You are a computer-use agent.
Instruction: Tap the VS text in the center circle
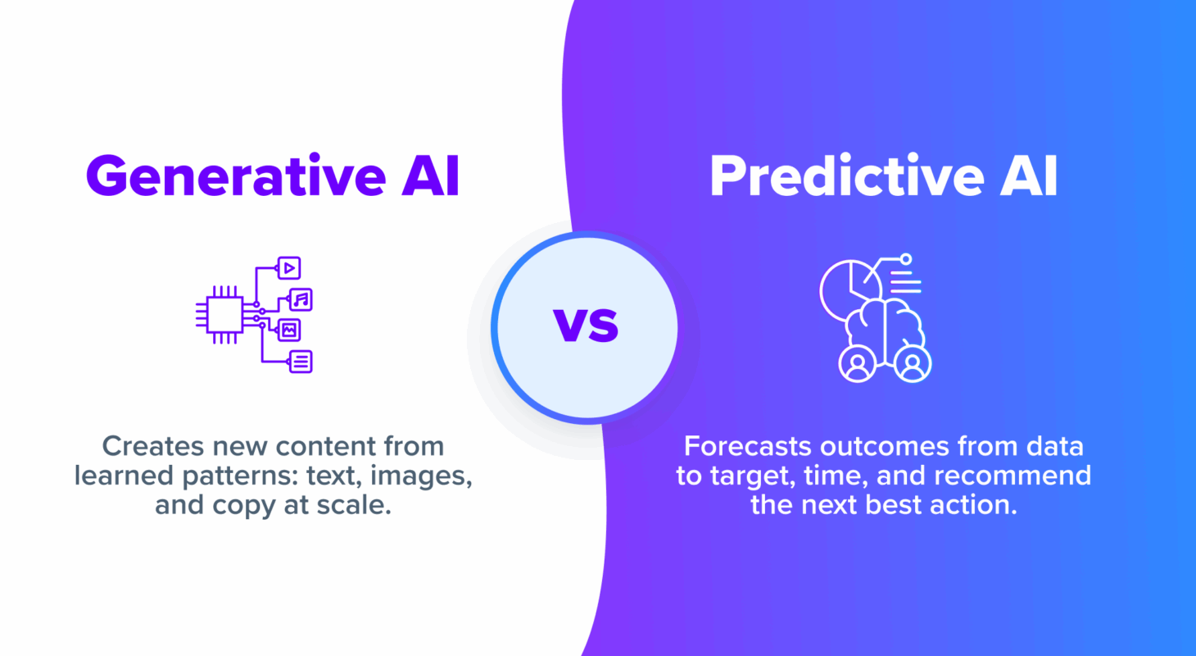tap(586, 326)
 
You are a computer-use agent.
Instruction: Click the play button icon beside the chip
tap(288, 267)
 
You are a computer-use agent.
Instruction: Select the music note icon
tap(301, 299)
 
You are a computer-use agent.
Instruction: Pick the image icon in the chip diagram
tap(289, 330)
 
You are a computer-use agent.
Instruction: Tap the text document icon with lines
tap(301, 361)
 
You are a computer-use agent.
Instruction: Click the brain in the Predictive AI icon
tap(885, 324)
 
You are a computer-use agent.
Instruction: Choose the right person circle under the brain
tap(913, 364)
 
